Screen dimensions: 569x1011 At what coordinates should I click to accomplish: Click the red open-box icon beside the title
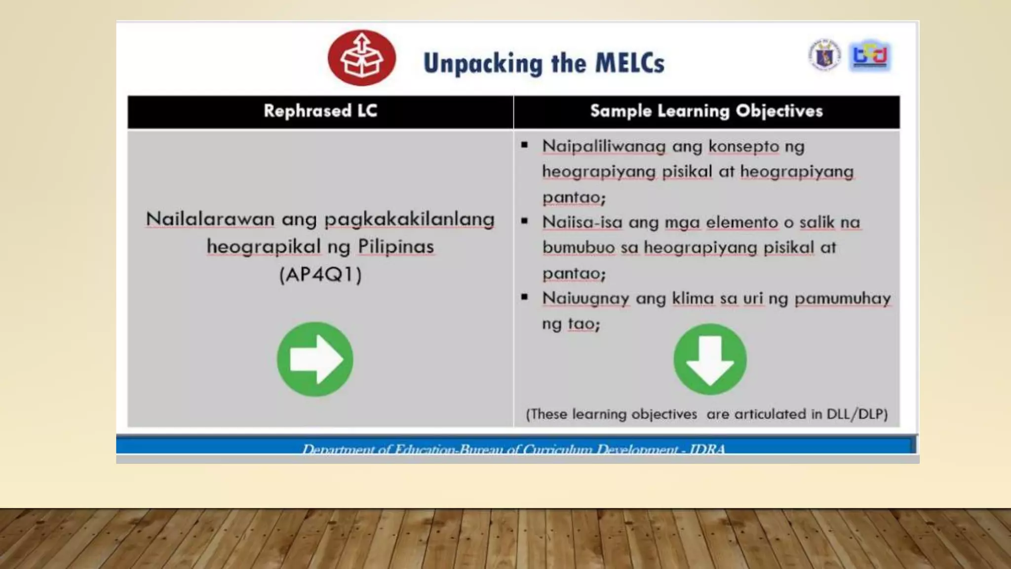tap(362, 58)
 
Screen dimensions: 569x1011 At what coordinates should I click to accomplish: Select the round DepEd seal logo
tap(824, 55)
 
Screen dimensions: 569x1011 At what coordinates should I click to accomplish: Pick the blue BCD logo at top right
tap(870, 55)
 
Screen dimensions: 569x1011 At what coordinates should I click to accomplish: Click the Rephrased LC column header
tap(320, 111)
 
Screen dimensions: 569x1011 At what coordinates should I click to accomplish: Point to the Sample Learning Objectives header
tap(706, 111)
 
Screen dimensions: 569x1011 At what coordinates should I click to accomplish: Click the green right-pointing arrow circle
tap(315, 359)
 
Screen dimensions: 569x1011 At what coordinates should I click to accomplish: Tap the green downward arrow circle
tap(710, 359)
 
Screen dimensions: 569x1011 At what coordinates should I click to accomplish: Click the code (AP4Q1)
tap(320, 274)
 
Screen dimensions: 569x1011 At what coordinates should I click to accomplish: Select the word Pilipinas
tap(395, 246)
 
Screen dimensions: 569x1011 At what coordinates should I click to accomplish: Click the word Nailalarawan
tap(210, 219)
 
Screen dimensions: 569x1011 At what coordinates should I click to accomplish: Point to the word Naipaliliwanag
tap(604, 146)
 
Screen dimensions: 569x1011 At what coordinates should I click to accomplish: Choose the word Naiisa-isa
tap(582, 222)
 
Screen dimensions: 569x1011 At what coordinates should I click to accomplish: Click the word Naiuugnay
tap(585, 298)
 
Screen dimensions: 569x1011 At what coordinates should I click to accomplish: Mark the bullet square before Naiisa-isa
tap(524, 221)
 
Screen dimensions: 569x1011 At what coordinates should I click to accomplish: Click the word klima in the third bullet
tap(693, 298)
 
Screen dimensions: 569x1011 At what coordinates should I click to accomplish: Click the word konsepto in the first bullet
tap(743, 146)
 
